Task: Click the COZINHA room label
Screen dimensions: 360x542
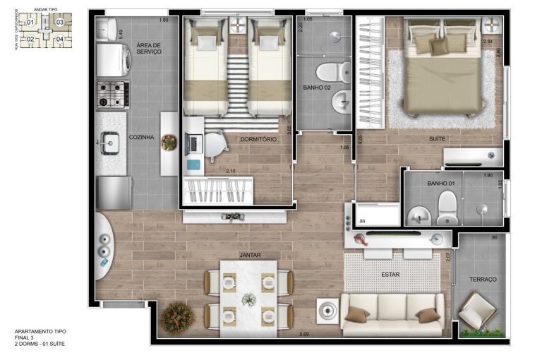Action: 141,138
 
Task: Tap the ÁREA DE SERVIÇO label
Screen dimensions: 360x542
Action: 149,49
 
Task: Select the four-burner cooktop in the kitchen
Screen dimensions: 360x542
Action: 113,94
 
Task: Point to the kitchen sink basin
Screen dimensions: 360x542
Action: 109,143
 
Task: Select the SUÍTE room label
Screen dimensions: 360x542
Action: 437,139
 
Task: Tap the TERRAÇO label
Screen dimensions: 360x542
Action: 483,280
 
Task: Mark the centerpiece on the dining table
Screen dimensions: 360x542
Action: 248,299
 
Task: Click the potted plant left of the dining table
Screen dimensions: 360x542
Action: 176,318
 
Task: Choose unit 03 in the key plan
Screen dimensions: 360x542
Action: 60,22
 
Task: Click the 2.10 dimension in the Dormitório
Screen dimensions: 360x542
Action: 230,171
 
